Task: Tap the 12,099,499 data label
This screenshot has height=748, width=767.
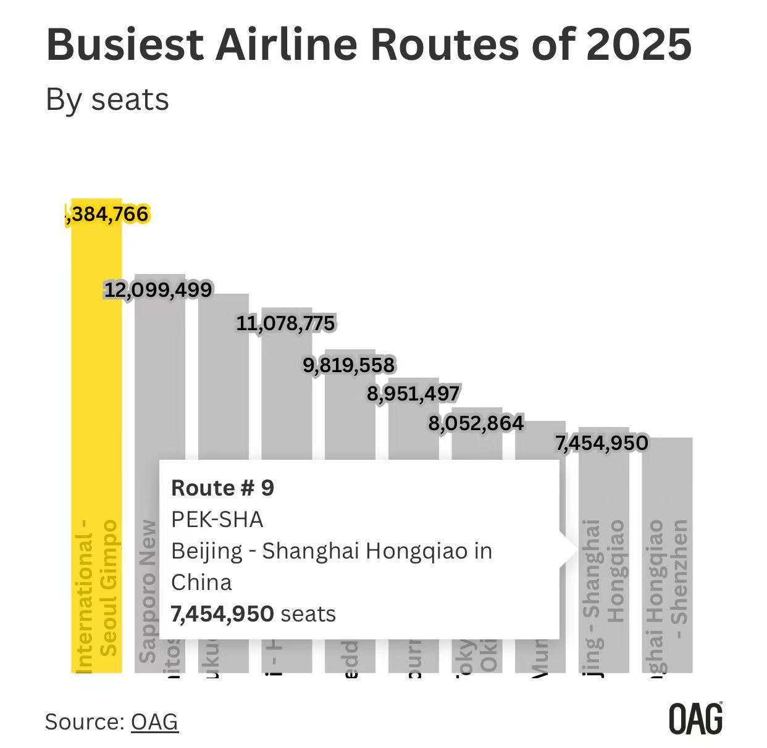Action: click(158, 289)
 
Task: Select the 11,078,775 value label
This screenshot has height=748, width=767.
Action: click(285, 323)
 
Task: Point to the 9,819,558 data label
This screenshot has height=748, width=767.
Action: click(348, 365)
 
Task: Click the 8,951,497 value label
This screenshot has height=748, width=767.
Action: click(413, 393)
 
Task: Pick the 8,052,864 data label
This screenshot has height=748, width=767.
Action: click(476, 423)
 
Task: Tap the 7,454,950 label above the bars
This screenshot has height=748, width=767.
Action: click(601, 443)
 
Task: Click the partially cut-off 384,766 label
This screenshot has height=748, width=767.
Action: click(107, 214)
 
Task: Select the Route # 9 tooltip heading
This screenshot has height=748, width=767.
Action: click(222, 488)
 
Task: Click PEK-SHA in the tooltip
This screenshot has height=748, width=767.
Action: click(217, 520)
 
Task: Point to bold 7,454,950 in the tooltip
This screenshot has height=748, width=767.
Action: click(222, 613)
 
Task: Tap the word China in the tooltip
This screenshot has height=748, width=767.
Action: click(201, 582)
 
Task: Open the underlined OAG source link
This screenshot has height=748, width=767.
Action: click(154, 721)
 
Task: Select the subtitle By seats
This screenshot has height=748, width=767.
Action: click(107, 99)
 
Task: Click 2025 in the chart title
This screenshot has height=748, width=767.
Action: click(639, 44)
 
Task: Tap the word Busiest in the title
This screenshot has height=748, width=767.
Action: click(125, 44)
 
